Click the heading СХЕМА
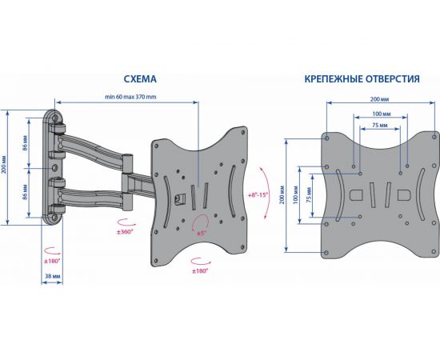pyautogui.click(x=140, y=79)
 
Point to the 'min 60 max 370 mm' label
pyautogui.click(x=130, y=97)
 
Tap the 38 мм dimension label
pyautogui.click(x=53, y=276)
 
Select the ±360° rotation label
pyautogui.click(x=125, y=232)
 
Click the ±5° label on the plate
pyautogui.click(x=201, y=233)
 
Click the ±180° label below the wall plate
pyautogui.click(x=52, y=261)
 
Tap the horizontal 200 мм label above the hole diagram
pyautogui.click(x=379, y=99)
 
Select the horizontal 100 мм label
pyautogui.click(x=382, y=114)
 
